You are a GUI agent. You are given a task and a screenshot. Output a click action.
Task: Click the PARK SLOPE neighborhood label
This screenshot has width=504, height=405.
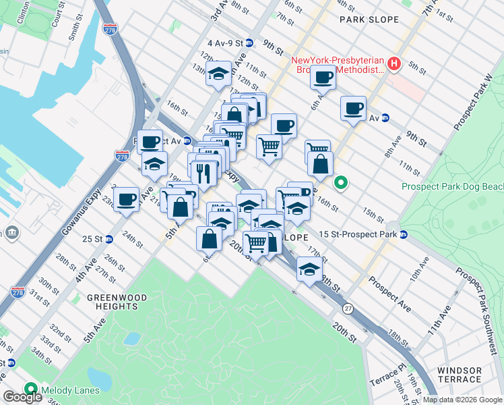[369, 20]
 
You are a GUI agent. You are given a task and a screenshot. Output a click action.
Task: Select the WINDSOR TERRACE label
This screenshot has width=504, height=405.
[460, 376]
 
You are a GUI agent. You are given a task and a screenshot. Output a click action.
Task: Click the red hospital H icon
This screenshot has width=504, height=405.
[394, 65]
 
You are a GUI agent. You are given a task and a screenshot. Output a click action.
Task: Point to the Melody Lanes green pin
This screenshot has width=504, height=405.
[30, 389]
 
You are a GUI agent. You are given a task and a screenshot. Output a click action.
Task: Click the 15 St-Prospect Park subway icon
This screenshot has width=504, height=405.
[404, 234]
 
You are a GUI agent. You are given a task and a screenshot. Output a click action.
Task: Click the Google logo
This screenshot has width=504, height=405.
[22, 398]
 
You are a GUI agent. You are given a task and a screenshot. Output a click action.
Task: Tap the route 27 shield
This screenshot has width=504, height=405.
[348, 308]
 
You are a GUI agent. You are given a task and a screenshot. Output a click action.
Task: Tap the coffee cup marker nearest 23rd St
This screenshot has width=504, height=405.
[126, 200]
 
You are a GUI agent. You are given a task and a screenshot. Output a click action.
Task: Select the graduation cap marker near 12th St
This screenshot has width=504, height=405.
[219, 74]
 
